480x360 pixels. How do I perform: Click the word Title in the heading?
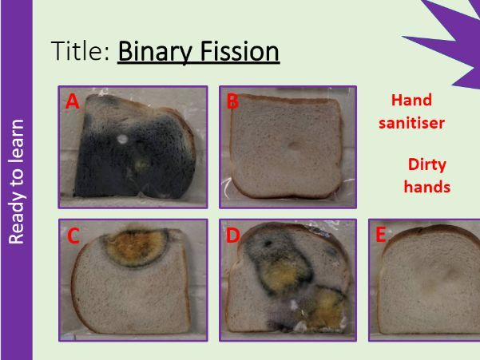coord(80,50)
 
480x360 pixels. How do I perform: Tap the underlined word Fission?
coord(240,51)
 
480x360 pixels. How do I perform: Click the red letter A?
coord(72,101)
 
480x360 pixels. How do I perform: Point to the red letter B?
coord(232,101)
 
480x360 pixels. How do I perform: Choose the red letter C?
coord(73,236)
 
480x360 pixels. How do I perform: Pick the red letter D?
coord(233,235)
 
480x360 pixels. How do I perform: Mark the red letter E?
coord(380,235)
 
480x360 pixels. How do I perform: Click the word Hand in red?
coord(411,100)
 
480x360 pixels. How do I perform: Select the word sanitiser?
coord(411,123)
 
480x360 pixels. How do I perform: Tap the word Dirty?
coord(427,165)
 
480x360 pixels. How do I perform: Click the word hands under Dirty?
coord(427,186)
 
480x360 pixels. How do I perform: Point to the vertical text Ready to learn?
coord(16,182)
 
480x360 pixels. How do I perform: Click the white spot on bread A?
coord(122,139)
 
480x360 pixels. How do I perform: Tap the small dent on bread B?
coord(294,145)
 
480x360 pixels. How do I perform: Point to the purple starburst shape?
coord(453,40)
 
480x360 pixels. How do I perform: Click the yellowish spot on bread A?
coord(141,164)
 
